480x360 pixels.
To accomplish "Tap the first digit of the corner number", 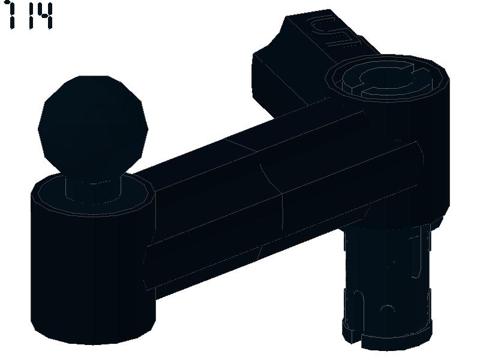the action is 11,16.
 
